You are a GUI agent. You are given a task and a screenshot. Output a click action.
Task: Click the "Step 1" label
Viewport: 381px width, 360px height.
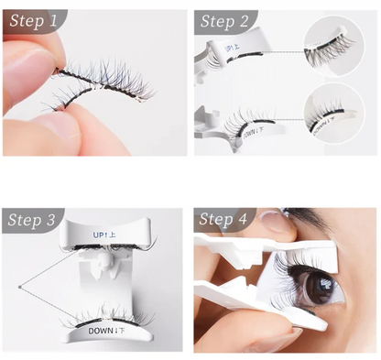pos(36,20)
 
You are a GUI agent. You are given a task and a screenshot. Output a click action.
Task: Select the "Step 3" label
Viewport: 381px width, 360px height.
pos(36,221)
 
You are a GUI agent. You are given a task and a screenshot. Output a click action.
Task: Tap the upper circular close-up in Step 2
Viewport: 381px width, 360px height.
pos(337,47)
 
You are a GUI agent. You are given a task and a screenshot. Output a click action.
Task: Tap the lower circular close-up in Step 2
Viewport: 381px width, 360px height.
pos(337,119)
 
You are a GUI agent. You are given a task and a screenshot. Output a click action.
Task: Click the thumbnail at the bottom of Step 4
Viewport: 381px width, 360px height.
pos(284,341)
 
